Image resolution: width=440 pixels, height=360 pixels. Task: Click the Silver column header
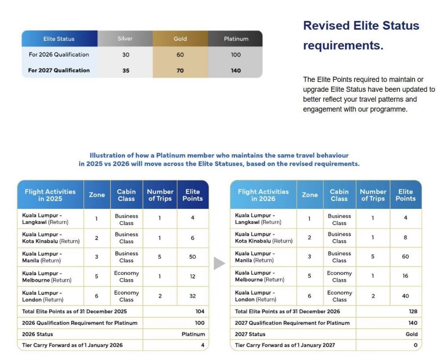[x=125, y=39]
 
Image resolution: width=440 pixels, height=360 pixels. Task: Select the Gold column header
[x=180, y=39]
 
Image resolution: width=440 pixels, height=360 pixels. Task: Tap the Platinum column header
[x=236, y=39]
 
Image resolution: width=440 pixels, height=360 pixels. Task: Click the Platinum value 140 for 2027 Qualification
[x=236, y=70]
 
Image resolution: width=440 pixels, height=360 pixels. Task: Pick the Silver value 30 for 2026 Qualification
[x=125, y=55]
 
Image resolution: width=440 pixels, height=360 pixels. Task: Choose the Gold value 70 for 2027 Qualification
[x=180, y=70]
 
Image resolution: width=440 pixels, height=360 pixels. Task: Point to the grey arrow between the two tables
[x=219, y=263]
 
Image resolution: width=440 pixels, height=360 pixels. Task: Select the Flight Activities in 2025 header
[x=50, y=195]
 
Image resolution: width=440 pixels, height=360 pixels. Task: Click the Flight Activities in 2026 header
[x=263, y=195]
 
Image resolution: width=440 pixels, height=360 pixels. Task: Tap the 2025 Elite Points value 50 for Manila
[x=192, y=257]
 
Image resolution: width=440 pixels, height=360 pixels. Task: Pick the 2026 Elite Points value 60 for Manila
[x=405, y=257]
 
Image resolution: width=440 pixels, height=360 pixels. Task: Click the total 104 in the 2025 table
[x=200, y=311]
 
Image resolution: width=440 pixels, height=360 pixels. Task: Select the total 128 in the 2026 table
[x=413, y=311]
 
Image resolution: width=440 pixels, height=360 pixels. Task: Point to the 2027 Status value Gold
[x=411, y=334]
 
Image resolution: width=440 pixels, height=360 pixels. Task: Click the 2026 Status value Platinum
[x=193, y=334]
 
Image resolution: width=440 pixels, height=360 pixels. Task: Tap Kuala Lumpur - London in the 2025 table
[x=43, y=296]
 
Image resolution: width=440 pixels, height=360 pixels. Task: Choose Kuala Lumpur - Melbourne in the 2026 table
[x=260, y=276]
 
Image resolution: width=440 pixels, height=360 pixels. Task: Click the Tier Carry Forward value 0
[x=416, y=345]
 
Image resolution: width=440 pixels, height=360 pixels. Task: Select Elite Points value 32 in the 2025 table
[x=192, y=296]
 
